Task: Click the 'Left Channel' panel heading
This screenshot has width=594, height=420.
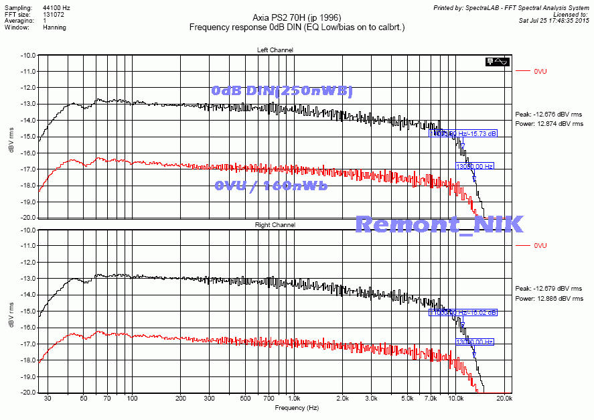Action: click(275, 50)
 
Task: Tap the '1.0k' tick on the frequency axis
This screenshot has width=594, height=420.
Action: click(294, 398)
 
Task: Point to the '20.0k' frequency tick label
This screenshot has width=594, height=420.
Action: click(505, 398)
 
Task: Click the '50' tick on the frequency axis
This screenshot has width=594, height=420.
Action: click(83, 398)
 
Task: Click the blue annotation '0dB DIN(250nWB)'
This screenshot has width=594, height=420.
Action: click(281, 90)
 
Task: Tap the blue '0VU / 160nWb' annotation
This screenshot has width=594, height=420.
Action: click(271, 186)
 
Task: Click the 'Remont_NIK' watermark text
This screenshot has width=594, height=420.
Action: click(438, 224)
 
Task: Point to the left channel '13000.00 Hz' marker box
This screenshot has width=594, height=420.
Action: click(475, 165)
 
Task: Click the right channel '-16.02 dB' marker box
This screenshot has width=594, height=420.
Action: click(463, 312)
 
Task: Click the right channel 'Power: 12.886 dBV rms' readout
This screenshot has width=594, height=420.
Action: click(549, 299)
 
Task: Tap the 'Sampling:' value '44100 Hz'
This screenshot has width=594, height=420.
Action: click(56, 6)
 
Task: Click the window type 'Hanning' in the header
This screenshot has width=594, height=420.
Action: click(54, 28)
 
